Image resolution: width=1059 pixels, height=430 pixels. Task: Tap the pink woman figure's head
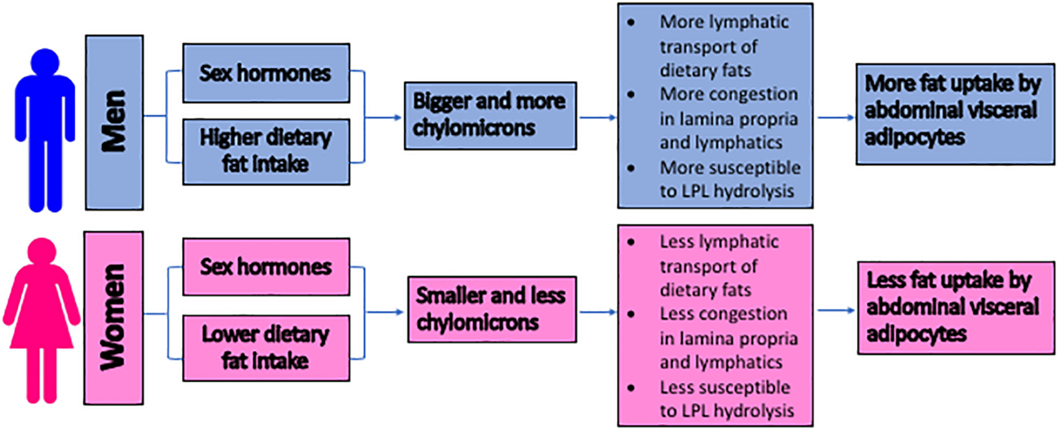tap(42, 251)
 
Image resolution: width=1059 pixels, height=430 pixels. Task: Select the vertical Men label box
tap(114, 122)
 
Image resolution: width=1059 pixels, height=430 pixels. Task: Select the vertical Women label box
tap(114, 318)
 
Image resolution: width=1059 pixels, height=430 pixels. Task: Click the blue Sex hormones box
tap(266, 73)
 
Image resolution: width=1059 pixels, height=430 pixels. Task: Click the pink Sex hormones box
tap(266, 267)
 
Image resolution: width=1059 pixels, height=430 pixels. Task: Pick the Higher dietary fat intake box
tap(266, 152)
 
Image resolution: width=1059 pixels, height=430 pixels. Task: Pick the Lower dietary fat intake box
tap(266, 348)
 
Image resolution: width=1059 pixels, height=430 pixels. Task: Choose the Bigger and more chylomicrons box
tap(490, 116)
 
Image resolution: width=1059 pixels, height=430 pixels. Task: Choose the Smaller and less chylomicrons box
tap(492, 309)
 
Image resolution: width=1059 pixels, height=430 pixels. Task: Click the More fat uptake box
tap(955, 114)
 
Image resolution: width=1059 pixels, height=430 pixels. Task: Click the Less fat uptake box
tap(956, 308)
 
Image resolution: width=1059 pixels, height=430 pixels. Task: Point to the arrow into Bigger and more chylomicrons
tap(383, 117)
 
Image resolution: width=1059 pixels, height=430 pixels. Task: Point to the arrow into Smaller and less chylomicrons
tap(385, 312)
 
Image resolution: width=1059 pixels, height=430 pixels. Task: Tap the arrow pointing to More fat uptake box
tap(836, 117)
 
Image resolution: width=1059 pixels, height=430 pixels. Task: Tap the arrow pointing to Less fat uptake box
tap(836, 310)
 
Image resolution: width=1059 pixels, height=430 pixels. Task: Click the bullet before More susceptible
tap(631, 168)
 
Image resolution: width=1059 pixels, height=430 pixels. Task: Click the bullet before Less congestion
tap(631, 314)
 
